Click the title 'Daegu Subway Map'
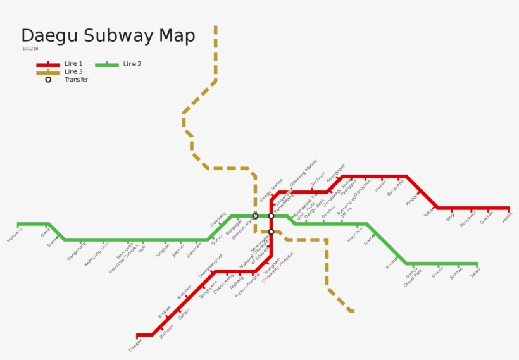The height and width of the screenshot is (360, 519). pyautogui.click(x=108, y=35)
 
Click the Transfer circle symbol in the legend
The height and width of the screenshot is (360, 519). pyautogui.click(x=48, y=80)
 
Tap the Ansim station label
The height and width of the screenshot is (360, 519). pyautogui.click(x=507, y=217)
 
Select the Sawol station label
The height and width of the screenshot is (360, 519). pyautogui.click(x=475, y=271)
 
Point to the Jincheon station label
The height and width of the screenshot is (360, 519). pyautogui.click(x=166, y=332)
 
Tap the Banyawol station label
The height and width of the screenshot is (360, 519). pyautogui.click(x=468, y=220)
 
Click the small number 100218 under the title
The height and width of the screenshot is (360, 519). pyautogui.click(x=30, y=49)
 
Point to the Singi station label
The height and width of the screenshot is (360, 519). pyautogui.click(x=451, y=216)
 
